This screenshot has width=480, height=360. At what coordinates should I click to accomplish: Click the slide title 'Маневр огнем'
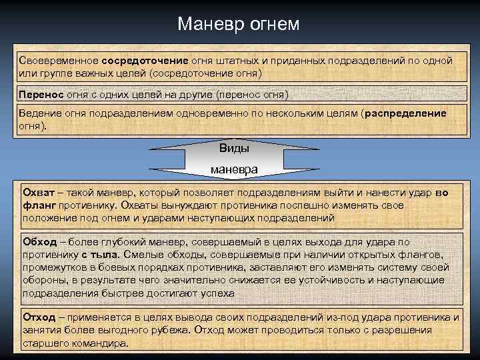click(239, 25)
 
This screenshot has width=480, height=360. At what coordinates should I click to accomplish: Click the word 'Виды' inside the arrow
click(234, 148)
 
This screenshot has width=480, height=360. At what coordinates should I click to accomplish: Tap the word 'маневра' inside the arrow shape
click(234, 169)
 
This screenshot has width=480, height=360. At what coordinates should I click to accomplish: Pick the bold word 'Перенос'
click(40, 94)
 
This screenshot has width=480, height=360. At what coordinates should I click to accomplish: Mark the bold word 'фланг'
click(39, 205)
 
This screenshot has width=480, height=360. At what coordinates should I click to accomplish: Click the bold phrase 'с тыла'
click(101, 255)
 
